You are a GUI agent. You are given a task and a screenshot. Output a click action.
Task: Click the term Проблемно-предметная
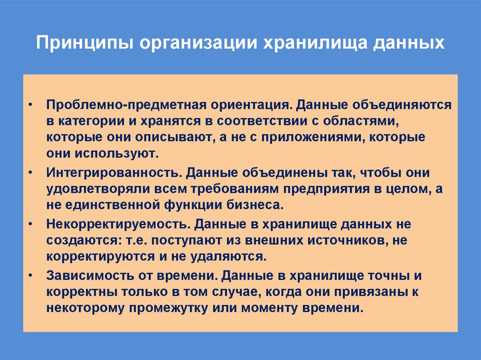(112, 104)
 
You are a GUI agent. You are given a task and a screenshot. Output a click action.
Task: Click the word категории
(92, 121)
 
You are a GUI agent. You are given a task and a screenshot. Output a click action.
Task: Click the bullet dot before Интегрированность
(31, 173)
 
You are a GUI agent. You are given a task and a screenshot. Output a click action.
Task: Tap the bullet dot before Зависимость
(31, 276)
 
